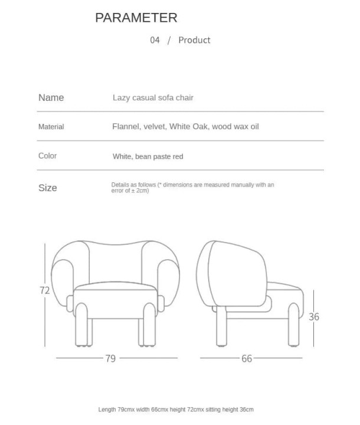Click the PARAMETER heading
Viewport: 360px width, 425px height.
click(x=136, y=18)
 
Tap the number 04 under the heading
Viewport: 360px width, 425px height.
click(x=155, y=40)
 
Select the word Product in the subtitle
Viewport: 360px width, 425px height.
click(x=194, y=40)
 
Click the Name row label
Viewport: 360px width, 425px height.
click(x=51, y=97)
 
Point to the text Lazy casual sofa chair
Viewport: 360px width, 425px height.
click(x=153, y=97)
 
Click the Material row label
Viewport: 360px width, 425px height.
click(x=51, y=127)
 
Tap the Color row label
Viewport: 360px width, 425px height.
click(x=47, y=156)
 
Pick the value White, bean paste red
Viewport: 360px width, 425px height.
click(x=148, y=156)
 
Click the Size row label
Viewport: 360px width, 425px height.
click(x=48, y=188)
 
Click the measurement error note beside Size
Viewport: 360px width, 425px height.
click(x=192, y=188)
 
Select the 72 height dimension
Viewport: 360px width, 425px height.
click(x=44, y=290)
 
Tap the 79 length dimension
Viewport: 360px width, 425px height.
click(x=110, y=358)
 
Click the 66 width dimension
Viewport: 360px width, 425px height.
click(x=247, y=358)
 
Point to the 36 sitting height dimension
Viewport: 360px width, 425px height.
click(x=314, y=317)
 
